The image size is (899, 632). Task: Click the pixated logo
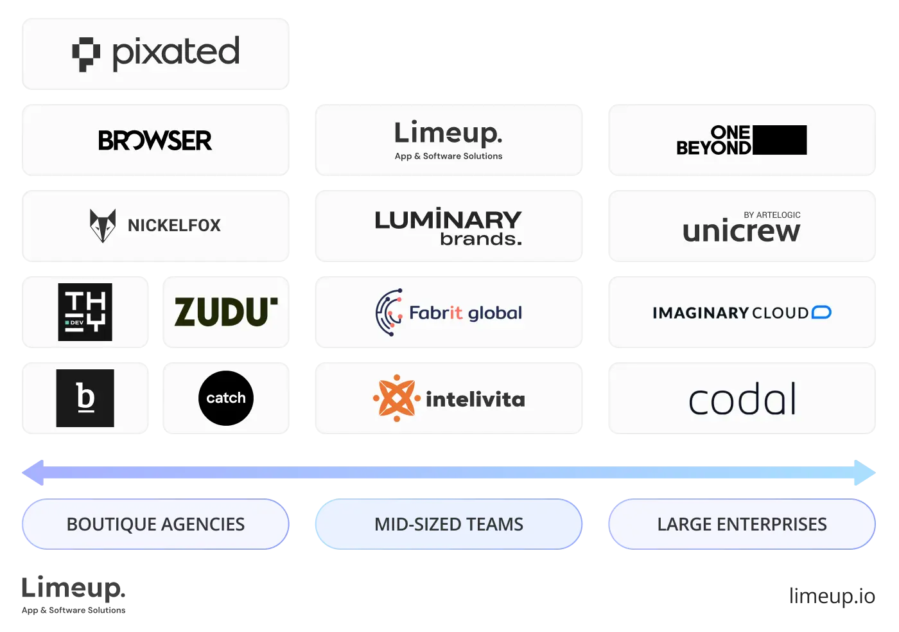coord(156,53)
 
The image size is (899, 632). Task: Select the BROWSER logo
coord(155,141)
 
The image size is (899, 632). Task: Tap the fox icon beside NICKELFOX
coord(103,225)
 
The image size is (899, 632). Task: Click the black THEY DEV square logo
coord(85,312)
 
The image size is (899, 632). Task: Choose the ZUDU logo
coord(226,312)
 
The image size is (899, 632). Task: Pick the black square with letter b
coord(85,398)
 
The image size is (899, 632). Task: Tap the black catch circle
coord(226,398)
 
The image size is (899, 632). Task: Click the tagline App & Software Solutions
coord(448,156)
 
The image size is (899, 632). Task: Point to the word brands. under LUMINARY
coord(481,240)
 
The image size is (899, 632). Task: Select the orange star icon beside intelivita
coord(396,398)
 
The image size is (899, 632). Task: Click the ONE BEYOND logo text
coord(714,141)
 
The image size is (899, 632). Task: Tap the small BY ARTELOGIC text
coord(772,215)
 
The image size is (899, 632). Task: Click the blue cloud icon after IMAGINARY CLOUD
coord(821,313)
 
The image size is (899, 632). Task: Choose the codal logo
coord(742,399)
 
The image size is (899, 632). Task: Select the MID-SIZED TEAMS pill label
coord(449,524)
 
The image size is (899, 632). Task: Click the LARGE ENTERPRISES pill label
coord(742,524)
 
